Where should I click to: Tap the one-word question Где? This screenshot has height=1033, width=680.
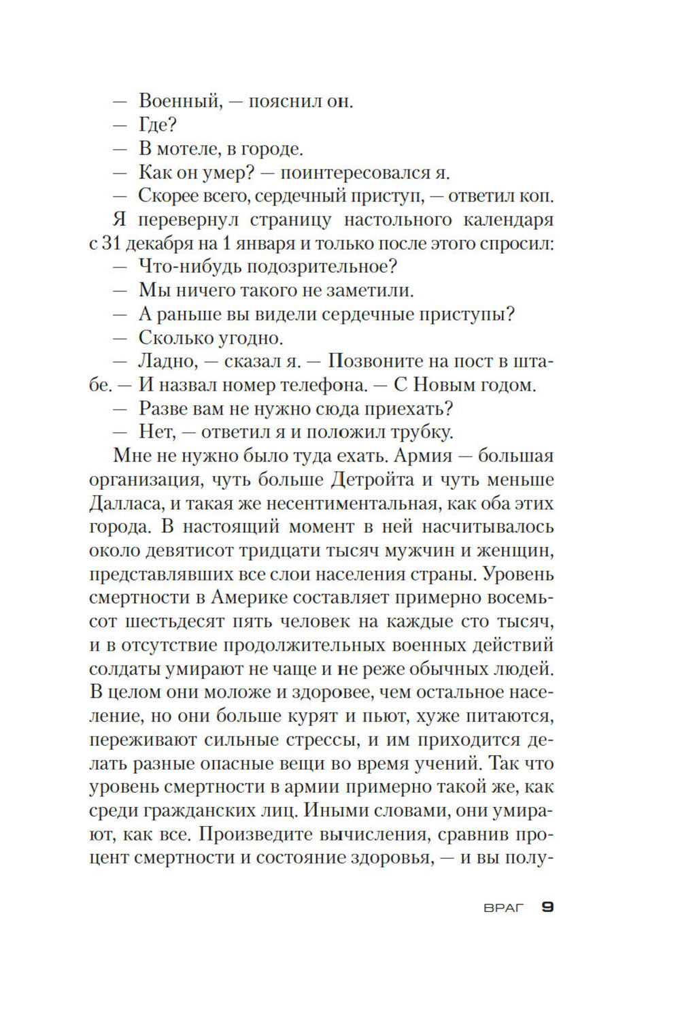[158, 125]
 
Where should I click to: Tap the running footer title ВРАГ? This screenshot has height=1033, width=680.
[504, 908]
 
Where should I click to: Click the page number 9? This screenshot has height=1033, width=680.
[547, 907]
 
